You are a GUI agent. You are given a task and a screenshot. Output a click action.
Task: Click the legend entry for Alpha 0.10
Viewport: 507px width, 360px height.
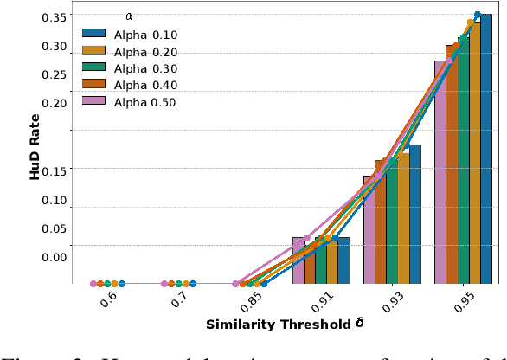pyautogui.click(x=130, y=34)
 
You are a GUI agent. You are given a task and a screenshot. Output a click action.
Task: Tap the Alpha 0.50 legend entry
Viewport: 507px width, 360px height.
pyautogui.click(x=130, y=102)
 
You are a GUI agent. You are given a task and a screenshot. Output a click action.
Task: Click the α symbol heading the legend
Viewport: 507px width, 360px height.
pyautogui.click(x=129, y=16)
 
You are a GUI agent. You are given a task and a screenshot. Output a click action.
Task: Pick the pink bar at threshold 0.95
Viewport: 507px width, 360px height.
pyautogui.click(x=440, y=172)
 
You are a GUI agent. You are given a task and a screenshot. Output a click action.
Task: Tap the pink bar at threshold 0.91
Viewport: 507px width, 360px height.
pyautogui.click(x=298, y=260)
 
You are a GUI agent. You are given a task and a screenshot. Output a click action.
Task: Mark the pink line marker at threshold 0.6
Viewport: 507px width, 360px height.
pyautogui.click(x=93, y=283)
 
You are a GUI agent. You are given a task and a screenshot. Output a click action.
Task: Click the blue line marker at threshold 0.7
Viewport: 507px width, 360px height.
pyautogui.click(x=193, y=283)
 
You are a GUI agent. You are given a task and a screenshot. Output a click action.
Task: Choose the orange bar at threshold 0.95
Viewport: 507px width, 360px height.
pyautogui.click(x=451, y=164)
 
